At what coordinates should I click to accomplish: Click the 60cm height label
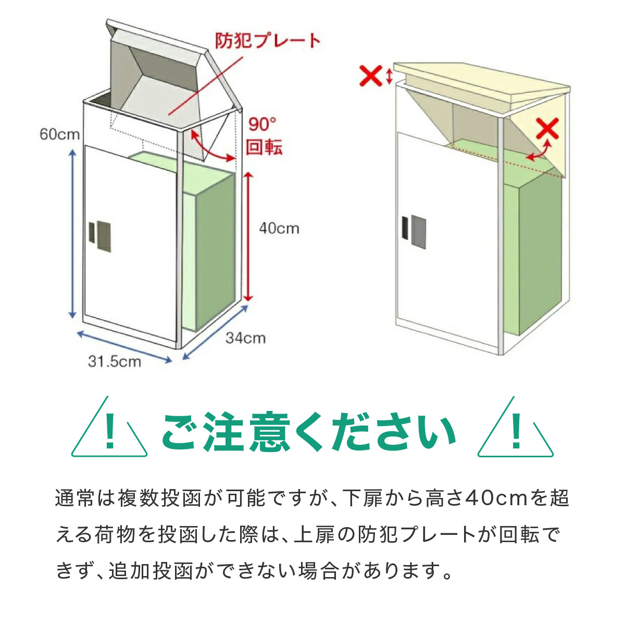pyautogui.click(x=60, y=134)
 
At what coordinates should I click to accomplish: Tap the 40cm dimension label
pyautogui.click(x=279, y=228)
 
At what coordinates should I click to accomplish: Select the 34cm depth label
pyautogui.click(x=245, y=338)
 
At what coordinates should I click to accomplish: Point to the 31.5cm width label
pyautogui.click(x=114, y=361)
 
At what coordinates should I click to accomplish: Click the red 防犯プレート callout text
pyautogui.click(x=268, y=41)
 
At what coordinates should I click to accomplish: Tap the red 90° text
pyautogui.click(x=262, y=124)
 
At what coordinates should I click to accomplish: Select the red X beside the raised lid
pyautogui.click(x=371, y=76)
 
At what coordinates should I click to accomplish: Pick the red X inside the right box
pyautogui.click(x=547, y=128)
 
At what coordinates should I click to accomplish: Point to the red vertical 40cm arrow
pyautogui.click(x=248, y=237)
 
